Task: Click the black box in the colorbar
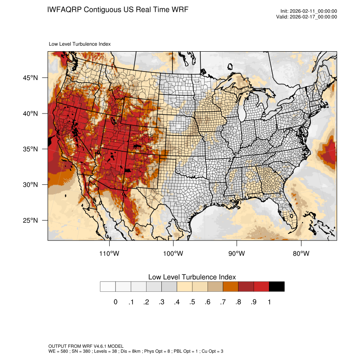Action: [277, 287]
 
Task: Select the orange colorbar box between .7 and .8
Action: [231, 287]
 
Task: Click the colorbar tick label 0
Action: [115, 302]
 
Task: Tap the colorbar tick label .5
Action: [192, 302]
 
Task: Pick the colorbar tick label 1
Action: [269, 302]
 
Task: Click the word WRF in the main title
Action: [179, 9]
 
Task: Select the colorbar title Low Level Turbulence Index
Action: [192, 277]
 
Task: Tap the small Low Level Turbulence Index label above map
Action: [80, 44]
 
